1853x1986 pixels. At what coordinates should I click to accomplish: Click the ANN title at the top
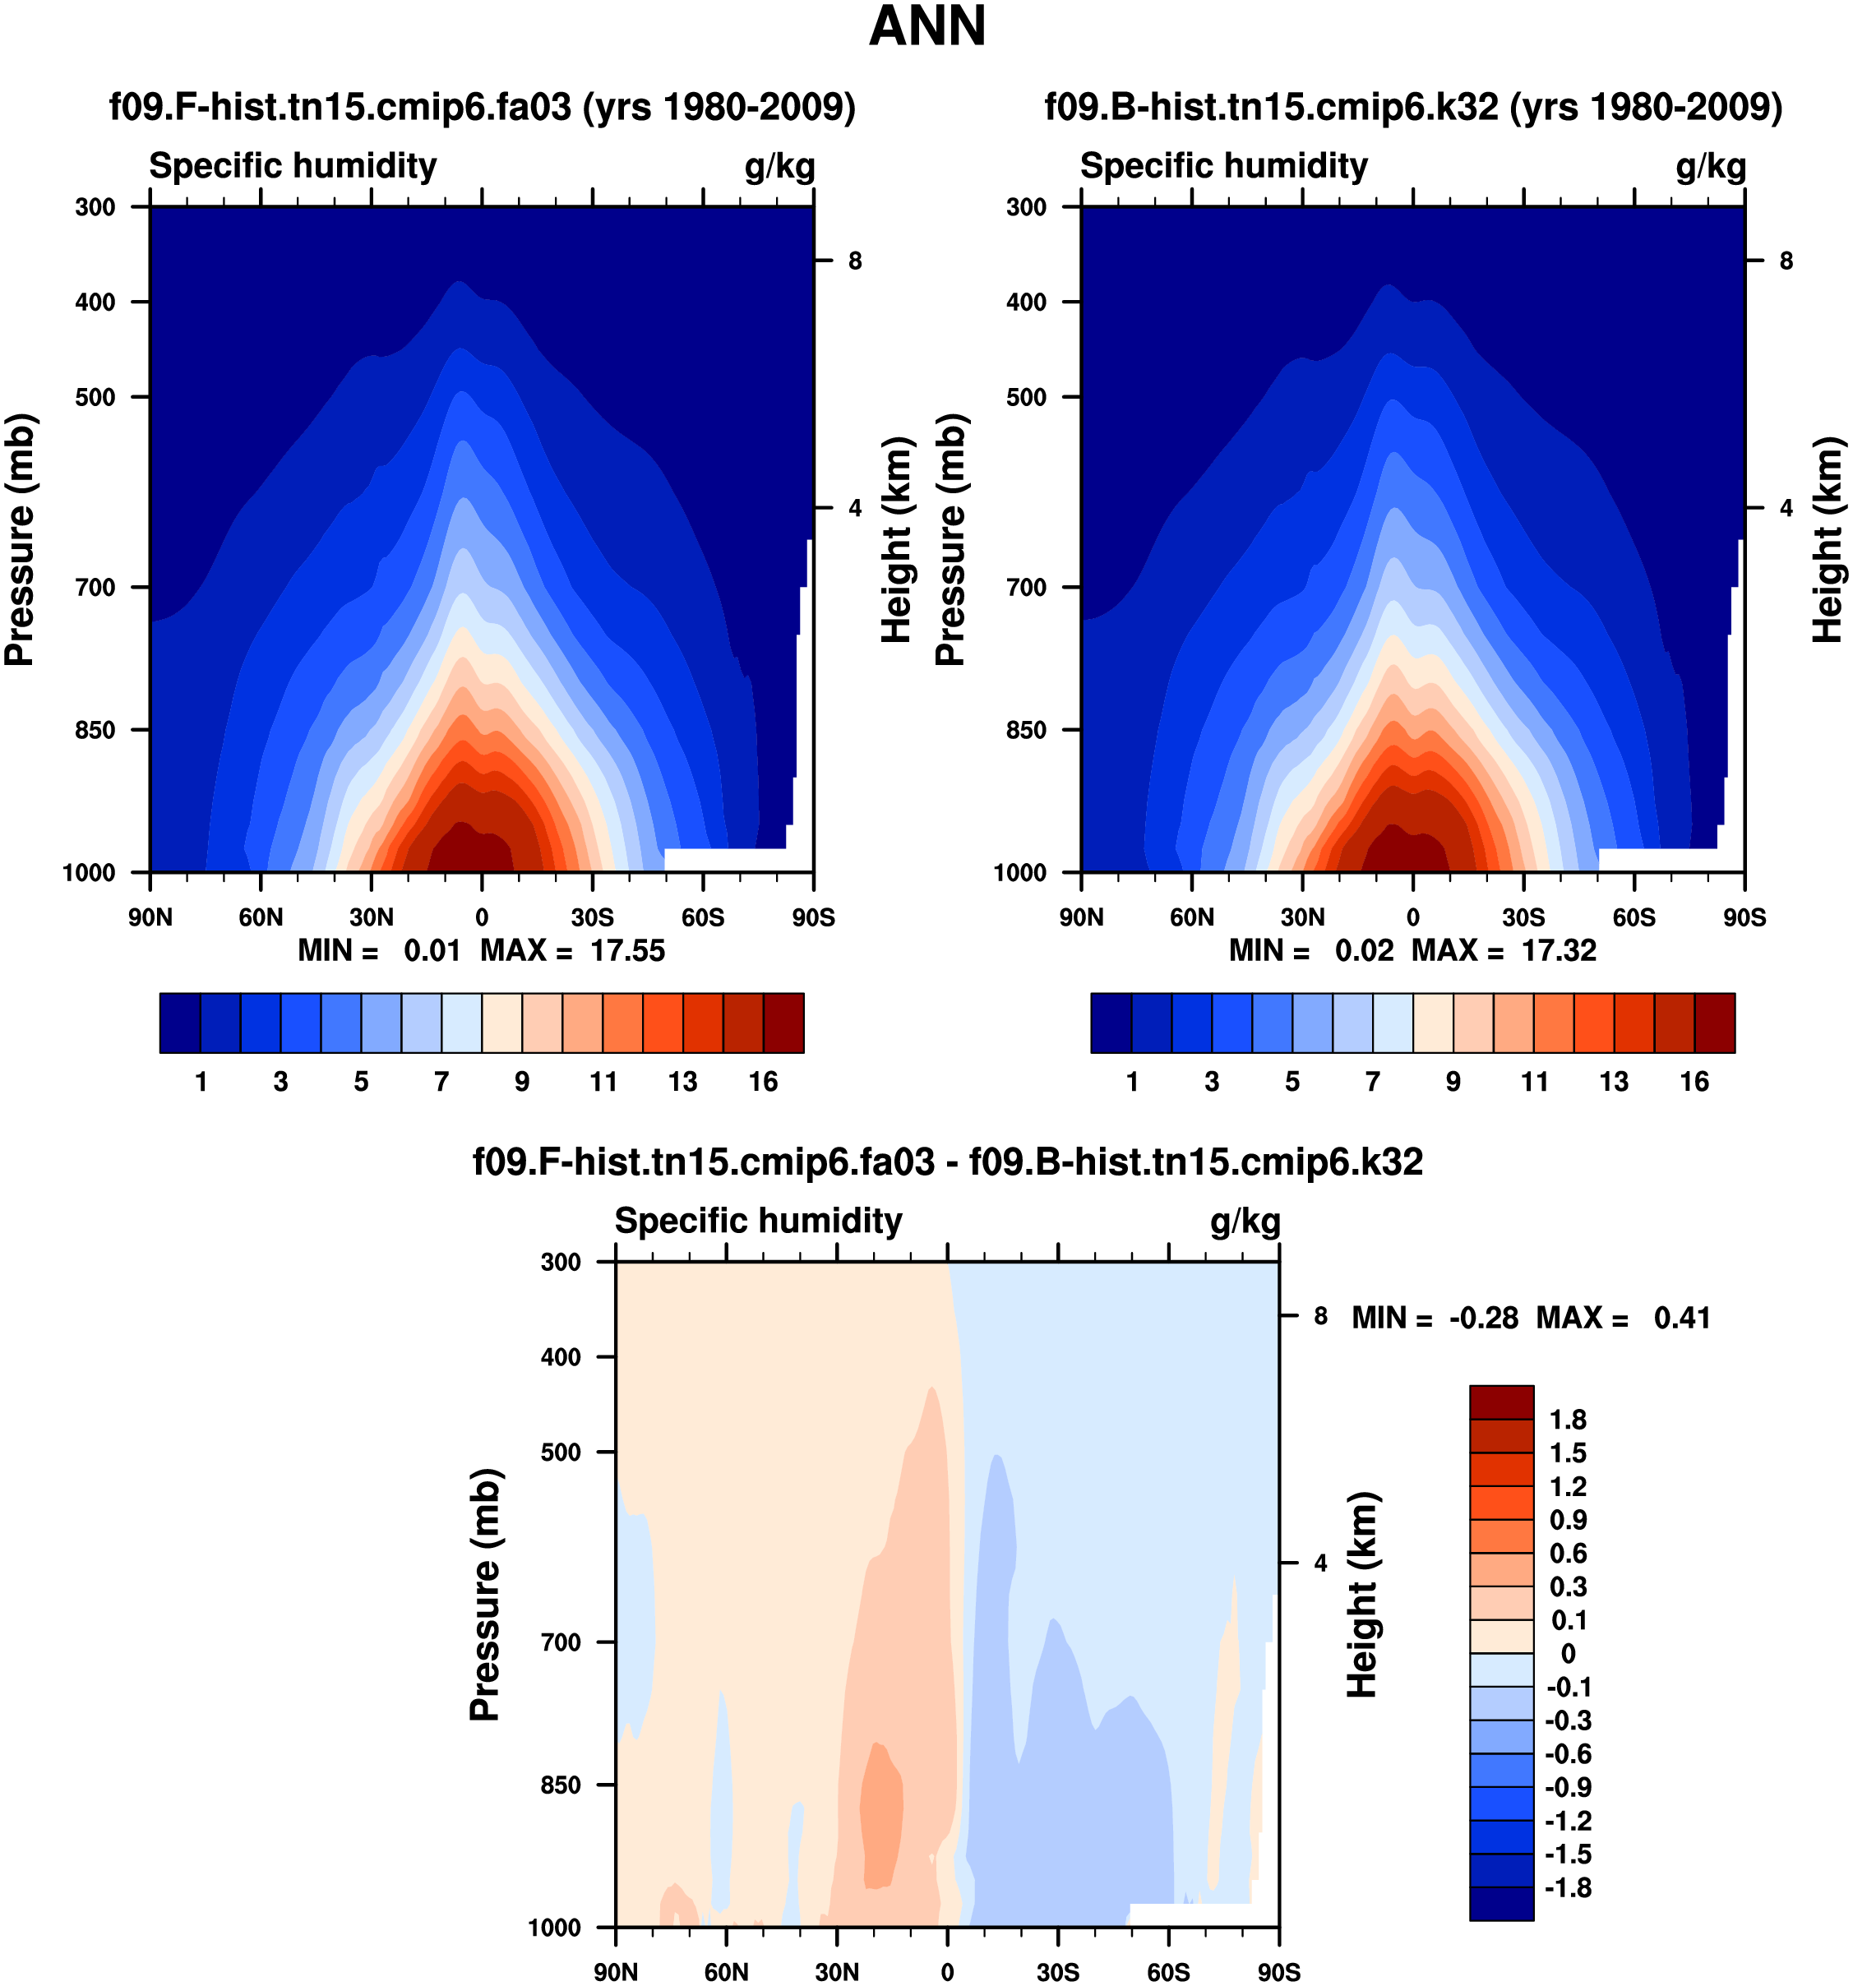(927, 27)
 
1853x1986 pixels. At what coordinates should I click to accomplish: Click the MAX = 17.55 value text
(572, 950)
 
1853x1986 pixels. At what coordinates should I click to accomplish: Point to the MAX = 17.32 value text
(1504, 950)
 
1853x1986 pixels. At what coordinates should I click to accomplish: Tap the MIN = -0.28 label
(1435, 1318)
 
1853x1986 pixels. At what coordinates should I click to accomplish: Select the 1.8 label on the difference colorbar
(1567, 1420)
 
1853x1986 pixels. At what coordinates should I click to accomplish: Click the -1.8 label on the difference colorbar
(1567, 1887)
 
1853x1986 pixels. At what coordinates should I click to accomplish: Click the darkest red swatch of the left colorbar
(783, 1022)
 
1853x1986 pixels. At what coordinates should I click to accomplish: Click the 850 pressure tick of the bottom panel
(561, 1785)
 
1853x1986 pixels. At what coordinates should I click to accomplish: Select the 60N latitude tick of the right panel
(1192, 917)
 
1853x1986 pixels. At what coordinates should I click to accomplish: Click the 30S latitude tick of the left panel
(593, 917)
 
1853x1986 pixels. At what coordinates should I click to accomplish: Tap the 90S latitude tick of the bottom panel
(1278, 1972)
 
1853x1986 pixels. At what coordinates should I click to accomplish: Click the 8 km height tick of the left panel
(855, 261)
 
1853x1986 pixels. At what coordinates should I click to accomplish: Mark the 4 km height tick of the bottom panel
(1320, 1563)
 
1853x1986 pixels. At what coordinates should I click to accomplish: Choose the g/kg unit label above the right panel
(1711, 166)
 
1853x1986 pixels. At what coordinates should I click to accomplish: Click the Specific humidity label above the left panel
(293, 166)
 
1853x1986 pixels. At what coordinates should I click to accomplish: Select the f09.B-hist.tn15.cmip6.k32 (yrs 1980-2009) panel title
(1413, 106)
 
